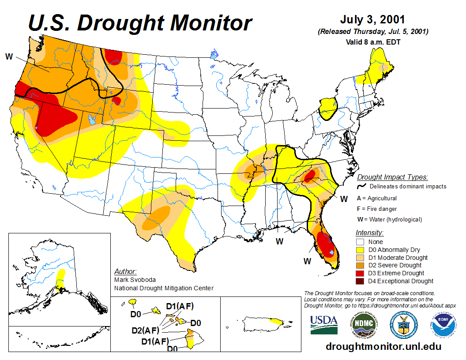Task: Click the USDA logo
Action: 324,325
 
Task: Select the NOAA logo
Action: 445,325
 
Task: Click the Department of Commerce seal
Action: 404,325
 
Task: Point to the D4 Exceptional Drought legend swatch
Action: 361,281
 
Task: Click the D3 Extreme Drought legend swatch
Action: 361,273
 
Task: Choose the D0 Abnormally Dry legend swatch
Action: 361,250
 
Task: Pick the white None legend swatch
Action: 361,242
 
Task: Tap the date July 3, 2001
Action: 373,20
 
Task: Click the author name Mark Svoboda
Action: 135,280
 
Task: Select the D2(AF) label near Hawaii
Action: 145,330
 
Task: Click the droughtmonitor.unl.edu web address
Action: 383,346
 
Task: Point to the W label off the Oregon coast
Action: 9,56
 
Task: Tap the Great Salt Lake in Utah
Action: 92,120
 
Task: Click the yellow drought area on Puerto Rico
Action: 276,321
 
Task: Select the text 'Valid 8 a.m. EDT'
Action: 373,42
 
